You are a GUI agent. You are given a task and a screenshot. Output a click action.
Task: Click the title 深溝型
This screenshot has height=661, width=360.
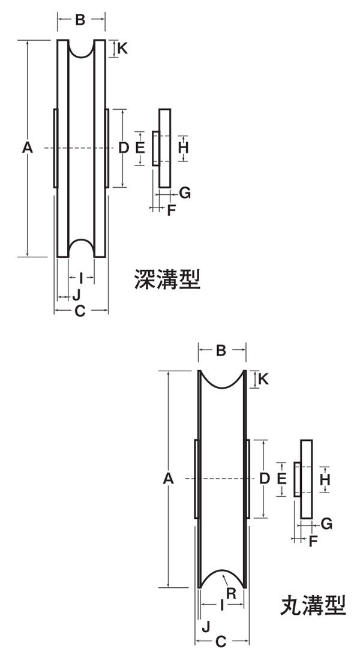click(x=167, y=279)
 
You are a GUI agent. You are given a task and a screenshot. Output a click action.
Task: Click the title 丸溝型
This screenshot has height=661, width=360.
click(x=313, y=606)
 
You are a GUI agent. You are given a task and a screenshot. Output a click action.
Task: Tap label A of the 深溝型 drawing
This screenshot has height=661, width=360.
click(x=27, y=148)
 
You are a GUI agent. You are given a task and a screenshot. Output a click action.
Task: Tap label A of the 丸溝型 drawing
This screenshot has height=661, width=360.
click(x=169, y=478)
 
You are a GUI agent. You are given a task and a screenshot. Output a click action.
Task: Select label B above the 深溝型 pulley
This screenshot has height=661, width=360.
click(x=80, y=20)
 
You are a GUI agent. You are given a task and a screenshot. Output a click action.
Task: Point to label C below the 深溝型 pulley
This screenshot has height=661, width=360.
click(x=80, y=311)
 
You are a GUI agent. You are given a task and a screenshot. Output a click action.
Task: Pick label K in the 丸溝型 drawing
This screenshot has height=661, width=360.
click(x=263, y=379)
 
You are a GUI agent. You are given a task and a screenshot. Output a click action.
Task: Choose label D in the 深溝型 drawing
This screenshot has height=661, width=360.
click(x=124, y=148)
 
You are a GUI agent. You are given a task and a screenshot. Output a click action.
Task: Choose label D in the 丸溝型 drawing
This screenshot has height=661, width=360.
click(x=265, y=478)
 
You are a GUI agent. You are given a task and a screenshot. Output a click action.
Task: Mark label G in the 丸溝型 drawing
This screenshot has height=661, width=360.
click(x=326, y=524)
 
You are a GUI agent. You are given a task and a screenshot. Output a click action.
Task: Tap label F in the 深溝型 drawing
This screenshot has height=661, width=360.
click(x=171, y=210)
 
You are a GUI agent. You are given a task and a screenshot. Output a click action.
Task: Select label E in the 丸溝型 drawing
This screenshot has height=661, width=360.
click(x=280, y=478)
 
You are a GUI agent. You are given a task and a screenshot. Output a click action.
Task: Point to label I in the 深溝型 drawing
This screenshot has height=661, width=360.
click(x=81, y=278)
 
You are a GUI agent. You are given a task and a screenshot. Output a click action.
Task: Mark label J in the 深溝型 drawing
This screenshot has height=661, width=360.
click(x=76, y=295)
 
